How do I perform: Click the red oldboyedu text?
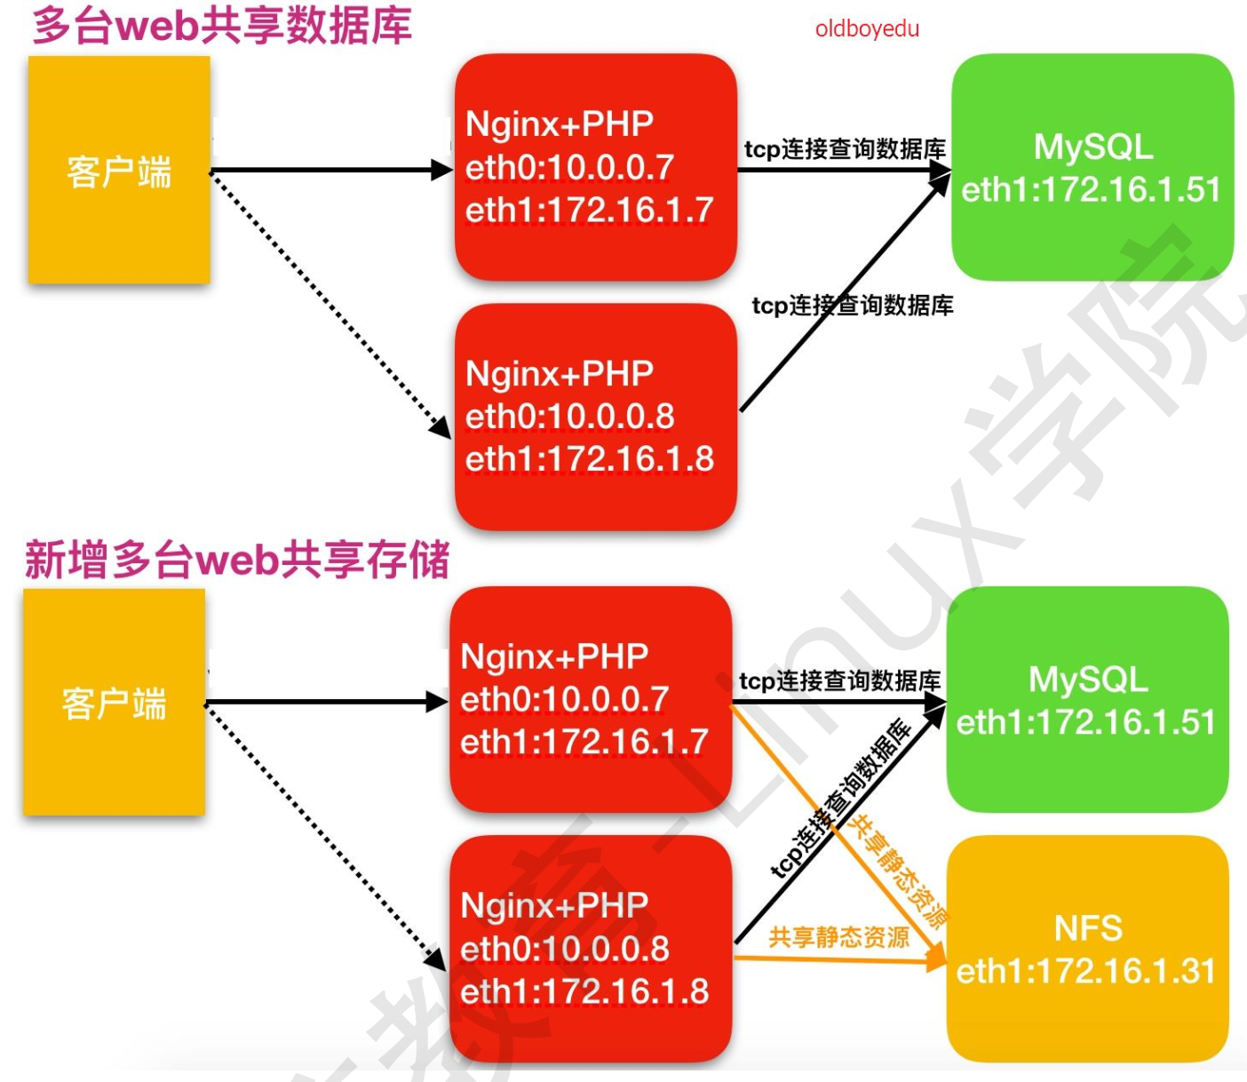coord(867,29)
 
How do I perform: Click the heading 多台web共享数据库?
coord(222,26)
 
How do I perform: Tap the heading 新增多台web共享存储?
coord(237,560)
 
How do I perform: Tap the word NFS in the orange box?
coord(1088,929)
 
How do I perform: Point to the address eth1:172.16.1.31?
coord(1086,971)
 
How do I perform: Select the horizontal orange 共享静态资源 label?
coord(838,937)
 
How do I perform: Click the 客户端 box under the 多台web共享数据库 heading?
coord(119,171)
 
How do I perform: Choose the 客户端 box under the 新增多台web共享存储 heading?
coord(114,703)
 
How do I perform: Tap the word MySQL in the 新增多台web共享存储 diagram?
coord(1088,680)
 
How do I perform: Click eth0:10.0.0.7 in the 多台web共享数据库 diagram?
coord(569,167)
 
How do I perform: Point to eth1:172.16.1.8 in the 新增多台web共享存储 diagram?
coord(584,991)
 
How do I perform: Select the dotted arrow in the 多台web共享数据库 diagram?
coord(329,302)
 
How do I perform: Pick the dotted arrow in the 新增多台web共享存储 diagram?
coord(324,835)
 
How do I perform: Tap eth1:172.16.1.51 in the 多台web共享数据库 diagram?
coord(1091,190)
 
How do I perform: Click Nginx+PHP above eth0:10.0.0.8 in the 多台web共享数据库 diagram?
coord(560,373)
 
